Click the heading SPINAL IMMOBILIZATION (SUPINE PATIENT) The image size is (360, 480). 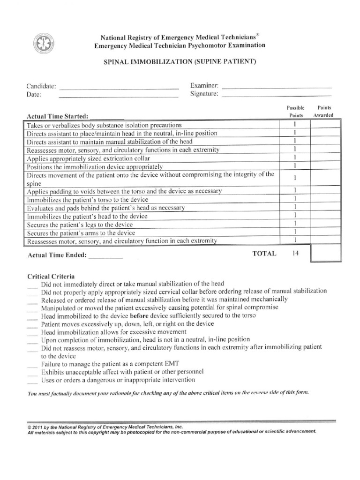click(179, 62)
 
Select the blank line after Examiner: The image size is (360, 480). click(276, 87)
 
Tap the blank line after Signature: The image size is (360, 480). click(276, 95)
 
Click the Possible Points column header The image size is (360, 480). click(295, 112)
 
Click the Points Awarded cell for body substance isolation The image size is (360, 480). click(324, 125)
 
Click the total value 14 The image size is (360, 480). click(295, 254)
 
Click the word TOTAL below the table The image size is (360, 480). click(265, 254)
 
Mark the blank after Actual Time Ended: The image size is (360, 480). click(105, 257)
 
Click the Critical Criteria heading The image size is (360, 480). click(51, 277)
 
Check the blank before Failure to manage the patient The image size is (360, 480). click(32, 365)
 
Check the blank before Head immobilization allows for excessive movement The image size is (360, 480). click(32, 333)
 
